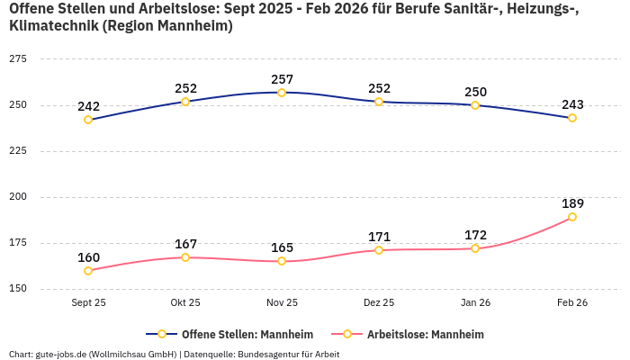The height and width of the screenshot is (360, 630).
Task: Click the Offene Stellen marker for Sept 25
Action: [88, 120]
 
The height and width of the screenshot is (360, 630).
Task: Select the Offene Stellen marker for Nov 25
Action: [282, 93]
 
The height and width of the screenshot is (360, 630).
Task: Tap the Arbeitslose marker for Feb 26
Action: [572, 217]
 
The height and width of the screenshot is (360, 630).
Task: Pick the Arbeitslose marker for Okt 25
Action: [185, 257]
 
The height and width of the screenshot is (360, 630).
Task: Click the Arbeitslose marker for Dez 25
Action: [379, 250]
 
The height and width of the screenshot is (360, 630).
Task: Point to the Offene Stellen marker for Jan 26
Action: [475, 105]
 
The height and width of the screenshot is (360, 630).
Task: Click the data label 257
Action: [282, 79]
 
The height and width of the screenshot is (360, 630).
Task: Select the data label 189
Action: [572, 203]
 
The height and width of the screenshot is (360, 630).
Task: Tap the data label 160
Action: [88, 257]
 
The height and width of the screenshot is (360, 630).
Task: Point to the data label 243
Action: [572, 104]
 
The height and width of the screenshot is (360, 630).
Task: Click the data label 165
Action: [282, 247]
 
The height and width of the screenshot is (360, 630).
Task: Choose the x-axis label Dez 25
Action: [379, 303]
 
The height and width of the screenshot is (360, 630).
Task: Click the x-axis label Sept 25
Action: [88, 303]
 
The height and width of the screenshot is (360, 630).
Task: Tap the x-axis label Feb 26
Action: [572, 303]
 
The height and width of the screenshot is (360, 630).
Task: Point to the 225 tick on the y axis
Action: [17, 151]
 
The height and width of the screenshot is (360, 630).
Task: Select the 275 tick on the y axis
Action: [17, 58]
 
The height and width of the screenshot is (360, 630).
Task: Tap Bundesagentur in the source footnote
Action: [270, 354]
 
